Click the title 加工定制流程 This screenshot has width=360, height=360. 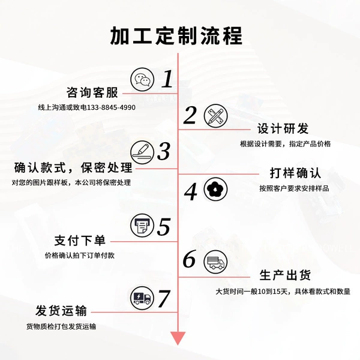tap(176, 36)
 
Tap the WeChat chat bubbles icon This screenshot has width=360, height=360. tap(142, 79)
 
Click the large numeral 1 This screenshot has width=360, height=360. tap(167, 79)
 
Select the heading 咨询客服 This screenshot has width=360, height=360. tap(92, 93)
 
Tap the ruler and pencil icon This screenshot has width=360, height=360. tap(215, 115)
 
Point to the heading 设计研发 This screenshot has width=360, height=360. tap(283, 128)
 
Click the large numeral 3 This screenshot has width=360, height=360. tap(164, 151)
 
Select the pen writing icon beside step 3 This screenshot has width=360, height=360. tap(142, 152)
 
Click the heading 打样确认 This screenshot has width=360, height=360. tap(295, 173)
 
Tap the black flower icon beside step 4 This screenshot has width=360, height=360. tap(215, 189)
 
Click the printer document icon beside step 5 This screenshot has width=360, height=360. tap(142, 226)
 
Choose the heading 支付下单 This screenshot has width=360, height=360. tap(80, 241)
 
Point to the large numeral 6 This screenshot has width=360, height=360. tap(190, 259)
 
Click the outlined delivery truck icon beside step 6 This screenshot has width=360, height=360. tap(215, 262)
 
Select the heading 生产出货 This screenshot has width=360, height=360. tap(285, 275)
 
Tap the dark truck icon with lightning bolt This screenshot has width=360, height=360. tap(142, 298)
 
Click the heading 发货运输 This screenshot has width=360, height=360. tap(61, 311)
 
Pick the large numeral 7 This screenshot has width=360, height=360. tap(164, 298)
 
